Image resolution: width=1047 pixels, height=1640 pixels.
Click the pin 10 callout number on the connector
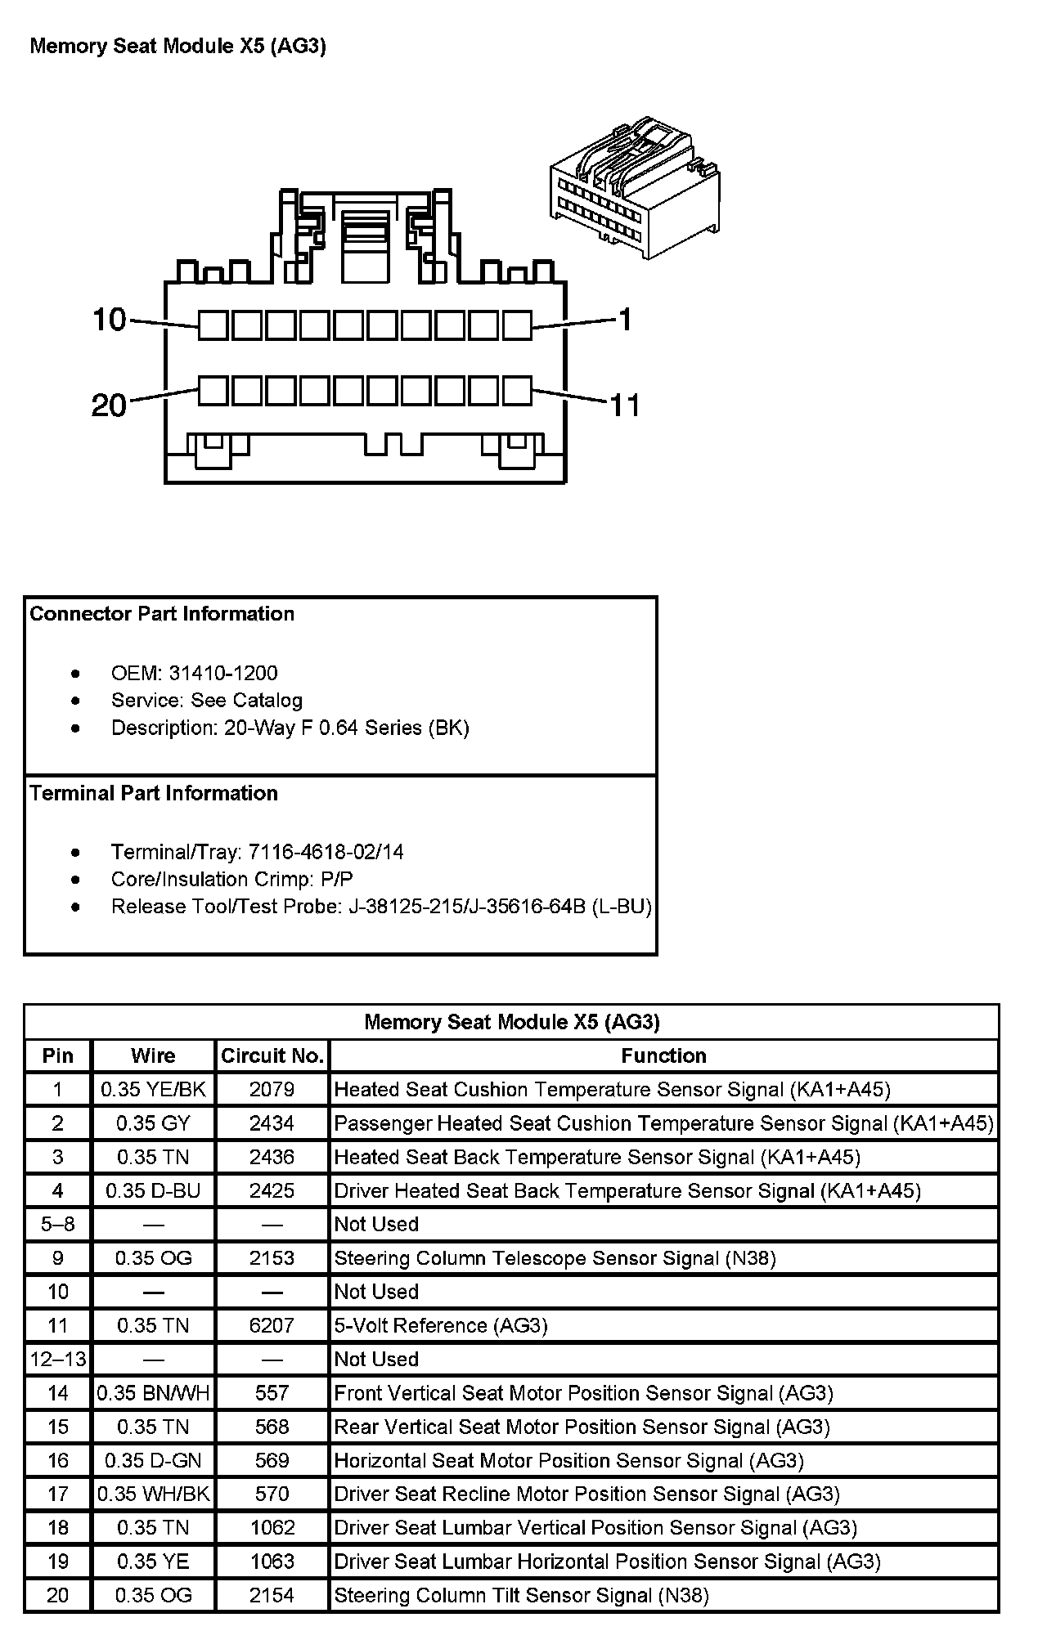click(110, 320)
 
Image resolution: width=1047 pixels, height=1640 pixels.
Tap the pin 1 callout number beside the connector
click(625, 320)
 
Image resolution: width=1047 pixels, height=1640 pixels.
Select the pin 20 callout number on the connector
click(110, 405)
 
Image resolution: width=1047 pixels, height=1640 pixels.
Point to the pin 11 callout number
click(625, 405)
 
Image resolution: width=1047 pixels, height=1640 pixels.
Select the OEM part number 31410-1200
click(222, 673)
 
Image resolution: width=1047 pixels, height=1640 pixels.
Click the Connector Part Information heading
click(162, 614)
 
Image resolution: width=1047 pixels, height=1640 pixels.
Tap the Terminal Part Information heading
click(154, 793)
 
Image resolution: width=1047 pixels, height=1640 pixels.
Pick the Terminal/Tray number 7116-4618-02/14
click(326, 852)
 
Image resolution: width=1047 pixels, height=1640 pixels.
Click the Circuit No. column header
click(272, 1055)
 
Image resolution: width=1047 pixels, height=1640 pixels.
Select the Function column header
click(663, 1055)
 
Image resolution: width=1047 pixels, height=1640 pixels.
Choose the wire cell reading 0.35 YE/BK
click(153, 1089)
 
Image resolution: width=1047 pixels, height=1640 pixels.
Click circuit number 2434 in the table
click(272, 1123)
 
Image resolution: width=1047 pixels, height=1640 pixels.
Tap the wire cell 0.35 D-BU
click(153, 1190)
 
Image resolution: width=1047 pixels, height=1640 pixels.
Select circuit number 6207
click(272, 1325)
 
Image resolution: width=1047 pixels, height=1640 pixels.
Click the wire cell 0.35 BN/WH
click(153, 1393)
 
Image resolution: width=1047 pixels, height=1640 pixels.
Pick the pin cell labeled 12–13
click(57, 1359)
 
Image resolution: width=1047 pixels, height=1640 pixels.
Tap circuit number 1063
click(272, 1562)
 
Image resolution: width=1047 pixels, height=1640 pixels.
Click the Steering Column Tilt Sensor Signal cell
click(521, 1595)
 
